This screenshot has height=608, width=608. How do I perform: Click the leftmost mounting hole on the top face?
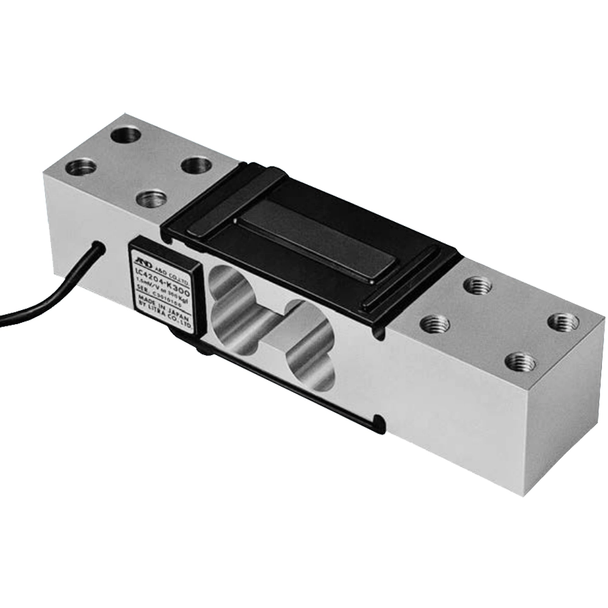tap(80, 166)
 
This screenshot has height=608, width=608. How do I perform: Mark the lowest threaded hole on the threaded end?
tap(520, 362)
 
